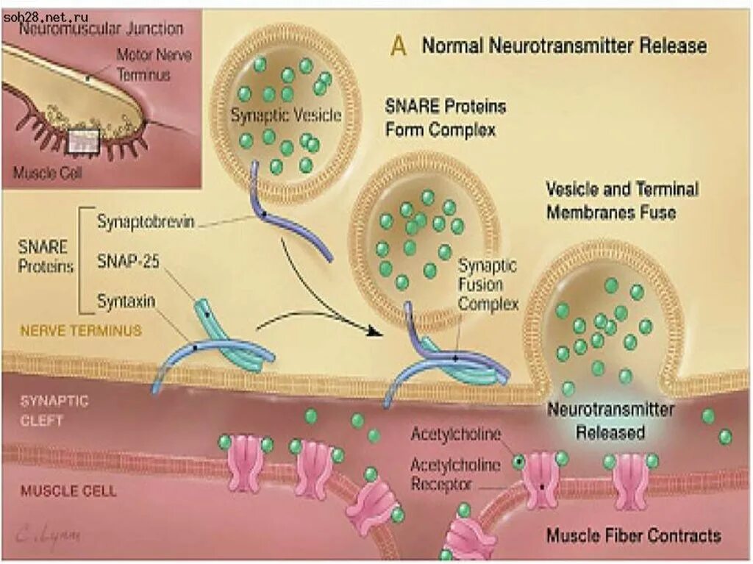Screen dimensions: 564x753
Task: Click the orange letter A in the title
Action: pos(399,46)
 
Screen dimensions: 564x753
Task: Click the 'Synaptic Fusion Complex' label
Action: pos(488,284)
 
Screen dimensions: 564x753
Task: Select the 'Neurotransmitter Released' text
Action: pos(610,420)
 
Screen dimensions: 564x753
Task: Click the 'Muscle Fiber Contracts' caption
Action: pos(633,535)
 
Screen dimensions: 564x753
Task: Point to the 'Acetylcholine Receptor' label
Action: pos(455,474)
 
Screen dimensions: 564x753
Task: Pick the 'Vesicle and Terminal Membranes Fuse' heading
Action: pos(621,200)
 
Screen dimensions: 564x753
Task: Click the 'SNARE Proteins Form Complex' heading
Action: pos(446,118)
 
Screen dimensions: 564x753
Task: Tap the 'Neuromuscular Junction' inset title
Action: pos(101,29)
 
